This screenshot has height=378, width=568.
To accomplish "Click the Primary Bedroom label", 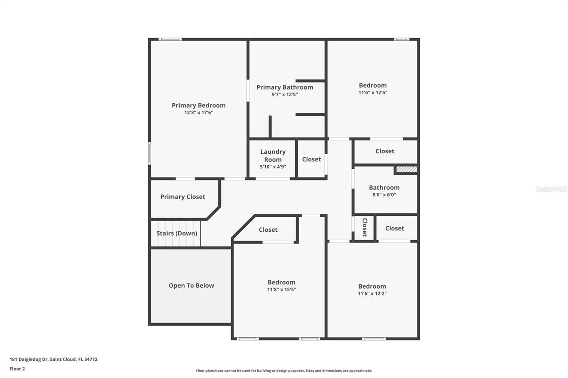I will tap(198, 105).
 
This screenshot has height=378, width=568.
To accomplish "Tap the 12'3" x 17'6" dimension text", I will tap(199, 113).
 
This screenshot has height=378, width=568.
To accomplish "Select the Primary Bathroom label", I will tap(284, 87).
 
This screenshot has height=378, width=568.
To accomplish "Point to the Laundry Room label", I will tap(273, 156).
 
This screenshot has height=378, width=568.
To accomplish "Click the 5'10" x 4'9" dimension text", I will tap(273, 167).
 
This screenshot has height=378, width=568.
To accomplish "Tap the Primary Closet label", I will tap(183, 197).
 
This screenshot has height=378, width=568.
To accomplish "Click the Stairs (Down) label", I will tap(177, 234).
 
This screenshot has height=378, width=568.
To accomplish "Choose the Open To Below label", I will tap(191, 285).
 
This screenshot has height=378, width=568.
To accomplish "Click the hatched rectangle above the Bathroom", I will tap(406, 169).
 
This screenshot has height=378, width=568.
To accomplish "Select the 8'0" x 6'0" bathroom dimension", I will tap(384, 195).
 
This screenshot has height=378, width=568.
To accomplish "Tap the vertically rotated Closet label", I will tap(364, 227).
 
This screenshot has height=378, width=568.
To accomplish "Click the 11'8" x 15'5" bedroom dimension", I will tap(281, 289).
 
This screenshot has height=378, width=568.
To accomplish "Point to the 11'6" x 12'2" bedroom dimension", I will tap(372, 293).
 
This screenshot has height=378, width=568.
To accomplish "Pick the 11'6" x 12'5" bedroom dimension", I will tap(373, 93).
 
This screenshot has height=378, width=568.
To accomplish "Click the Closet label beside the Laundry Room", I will tap(312, 160).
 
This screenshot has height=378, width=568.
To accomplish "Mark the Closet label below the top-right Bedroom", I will tap(385, 151).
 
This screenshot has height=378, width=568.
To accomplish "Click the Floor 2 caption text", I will tap(17, 369).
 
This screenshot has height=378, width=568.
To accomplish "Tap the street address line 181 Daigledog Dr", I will tap(53, 359).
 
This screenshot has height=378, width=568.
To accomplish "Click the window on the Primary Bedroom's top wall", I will tap(170, 39).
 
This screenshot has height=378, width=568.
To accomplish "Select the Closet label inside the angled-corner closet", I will tap(268, 230).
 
